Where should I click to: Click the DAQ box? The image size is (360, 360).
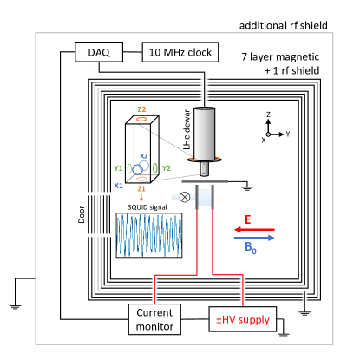pyautogui.click(x=99, y=52)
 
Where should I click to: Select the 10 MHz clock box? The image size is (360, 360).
pyautogui.click(x=180, y=52)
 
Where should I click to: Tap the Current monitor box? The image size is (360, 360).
pyautogui.click(x=154, y=319)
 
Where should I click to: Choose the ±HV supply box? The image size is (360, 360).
pyautogui.click(x=243, y=319)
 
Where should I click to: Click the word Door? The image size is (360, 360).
pyautogui.click(x=82, y=214)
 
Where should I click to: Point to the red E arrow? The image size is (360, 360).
pyautogui.click(x=253, y=230)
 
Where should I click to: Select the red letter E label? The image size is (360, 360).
pyautogui.click(x=247, y=220)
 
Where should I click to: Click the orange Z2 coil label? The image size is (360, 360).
pyautogui.click(x=141, y=109)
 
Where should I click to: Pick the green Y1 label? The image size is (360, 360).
pyautogui.click(x=118, y=167)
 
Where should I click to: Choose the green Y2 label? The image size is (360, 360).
pyautogui.click(x=166, y=167)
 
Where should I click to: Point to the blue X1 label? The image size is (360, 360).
pyautogui.click(x=118, y=185)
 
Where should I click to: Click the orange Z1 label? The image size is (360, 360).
pyautogui.click(x=141, y=187)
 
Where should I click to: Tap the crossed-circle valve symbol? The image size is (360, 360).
pyautogui.click(x=185, y=197)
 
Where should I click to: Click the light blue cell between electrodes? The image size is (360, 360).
pyautogui.click(x=205, y=198)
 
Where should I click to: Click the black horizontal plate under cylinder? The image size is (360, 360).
pyautogui.click(x=205, y=180)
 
